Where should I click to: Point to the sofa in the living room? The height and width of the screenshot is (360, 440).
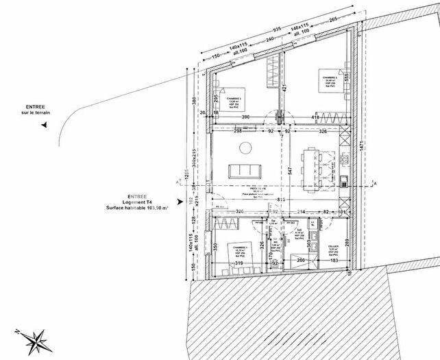(x=245, y=170)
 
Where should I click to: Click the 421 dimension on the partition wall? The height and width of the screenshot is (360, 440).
(x=282, y=87)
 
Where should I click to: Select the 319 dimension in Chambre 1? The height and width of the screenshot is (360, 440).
(x=238, y=263)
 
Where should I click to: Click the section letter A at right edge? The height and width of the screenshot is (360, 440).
(x=375, y=184)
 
